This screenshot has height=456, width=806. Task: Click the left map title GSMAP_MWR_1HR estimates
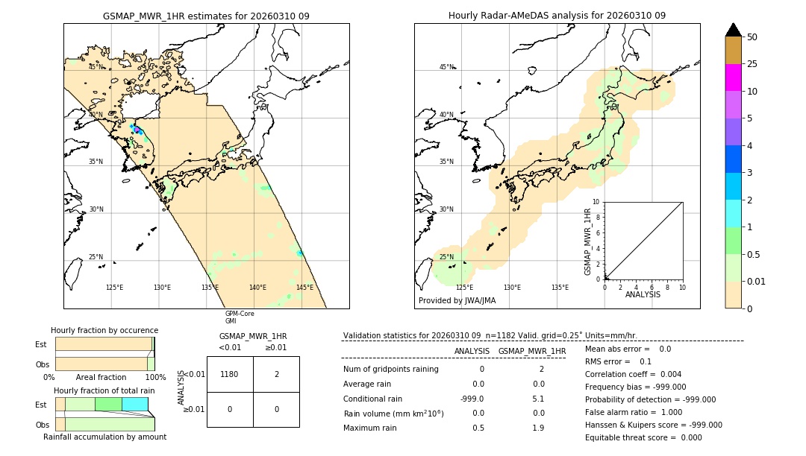pos(206,16)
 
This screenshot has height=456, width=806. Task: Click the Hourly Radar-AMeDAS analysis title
pos(557,16)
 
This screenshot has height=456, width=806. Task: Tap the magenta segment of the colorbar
pos(733,77)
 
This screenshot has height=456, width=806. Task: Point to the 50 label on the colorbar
pos(752,37)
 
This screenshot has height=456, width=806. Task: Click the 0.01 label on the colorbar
pos(755,281)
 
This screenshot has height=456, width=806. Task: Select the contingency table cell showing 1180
pos(230,374)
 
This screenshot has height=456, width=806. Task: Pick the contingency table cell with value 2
pos(276,374)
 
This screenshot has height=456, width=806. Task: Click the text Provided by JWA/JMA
pos(457,300)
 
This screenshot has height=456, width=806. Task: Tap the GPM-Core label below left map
pos(240,314)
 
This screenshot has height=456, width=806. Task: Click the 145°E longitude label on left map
pos(304,288)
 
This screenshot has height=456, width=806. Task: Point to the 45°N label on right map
pos(446,67)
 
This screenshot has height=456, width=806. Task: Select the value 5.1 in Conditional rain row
pos(537,398)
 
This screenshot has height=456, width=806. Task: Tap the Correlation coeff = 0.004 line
pos(633,374)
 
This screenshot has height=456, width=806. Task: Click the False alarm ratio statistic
pos(634,412)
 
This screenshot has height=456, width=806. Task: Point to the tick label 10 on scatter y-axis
pos(596,202)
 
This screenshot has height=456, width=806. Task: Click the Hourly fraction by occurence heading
pos(104,330)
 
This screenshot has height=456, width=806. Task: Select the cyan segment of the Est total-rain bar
pos(134,404)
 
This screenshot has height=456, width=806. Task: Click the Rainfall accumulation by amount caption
pos(104,437)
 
